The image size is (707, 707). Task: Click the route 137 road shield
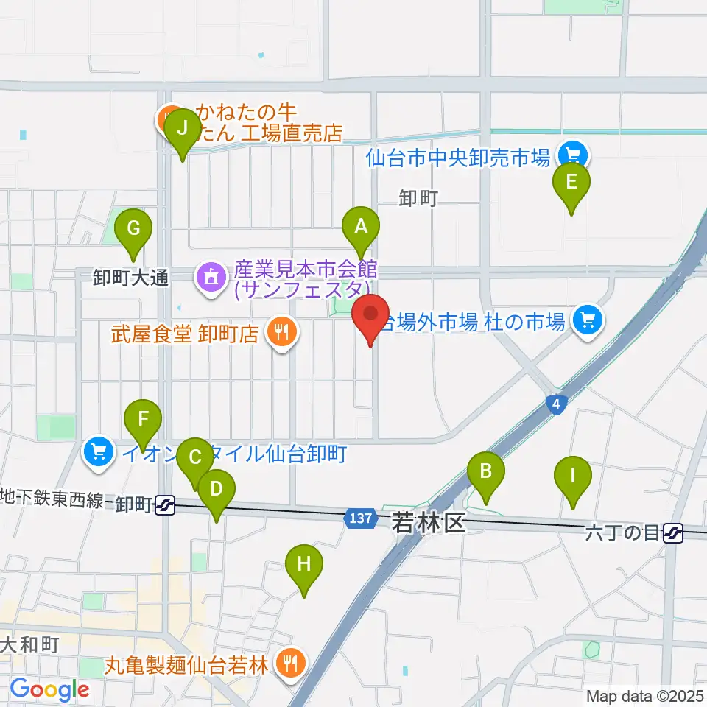coord(357,519)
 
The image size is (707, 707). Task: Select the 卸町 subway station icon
coord(165,504)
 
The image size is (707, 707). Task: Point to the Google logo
coord(49,689)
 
